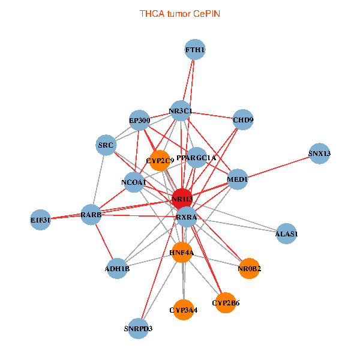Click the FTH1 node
(195, 49)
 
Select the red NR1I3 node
(182, 199)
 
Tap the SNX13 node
(319, 154)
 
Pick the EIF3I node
(40, 220)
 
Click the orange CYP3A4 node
(184, 310)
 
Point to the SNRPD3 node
(138, 329)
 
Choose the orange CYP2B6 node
(226, 303)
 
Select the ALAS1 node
(286, 233)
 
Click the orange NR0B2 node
(249, 268)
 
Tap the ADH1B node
(117, 268)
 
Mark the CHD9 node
(243, 119)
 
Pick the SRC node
(106, 145)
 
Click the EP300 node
(139, 121)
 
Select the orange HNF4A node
(182, 253)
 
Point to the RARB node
(91, 215)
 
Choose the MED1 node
(238, 179)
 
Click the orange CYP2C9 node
(160, 160)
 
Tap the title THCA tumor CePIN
(180, 14)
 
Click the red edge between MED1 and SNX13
(279, 167)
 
